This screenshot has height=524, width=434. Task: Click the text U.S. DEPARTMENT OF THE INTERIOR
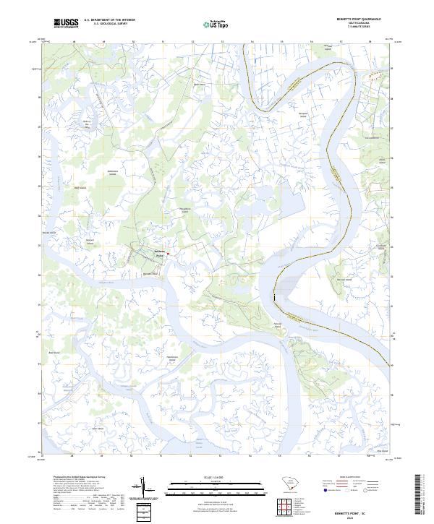109,20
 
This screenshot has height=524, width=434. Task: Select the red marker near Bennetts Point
168,254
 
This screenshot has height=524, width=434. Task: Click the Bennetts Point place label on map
161,252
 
